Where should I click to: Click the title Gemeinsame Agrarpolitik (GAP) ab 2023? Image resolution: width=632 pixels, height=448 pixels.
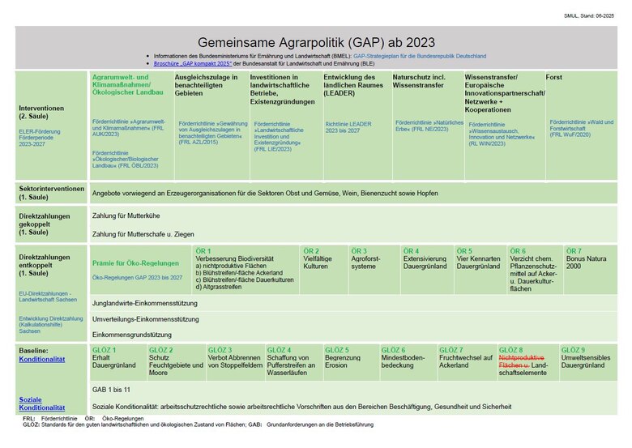pyautogui.click(x=316, y=42)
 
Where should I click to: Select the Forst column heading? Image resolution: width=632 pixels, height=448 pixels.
pyautogui.click(x=554, y=77)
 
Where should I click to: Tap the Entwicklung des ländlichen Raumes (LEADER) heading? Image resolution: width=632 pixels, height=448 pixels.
pyautogui.click(x=355, y=85)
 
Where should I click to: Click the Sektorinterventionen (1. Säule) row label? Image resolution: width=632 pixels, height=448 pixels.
pyautogui.click(x=52, y=193)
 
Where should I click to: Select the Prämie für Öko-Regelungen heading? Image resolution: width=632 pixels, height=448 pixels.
pyautogui.click(x=135, y=262)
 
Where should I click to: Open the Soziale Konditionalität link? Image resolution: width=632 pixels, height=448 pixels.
pyautogui.click(x=42, y=403)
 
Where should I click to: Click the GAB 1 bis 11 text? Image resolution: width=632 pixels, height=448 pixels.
pyautogui.click(x=112, y=390)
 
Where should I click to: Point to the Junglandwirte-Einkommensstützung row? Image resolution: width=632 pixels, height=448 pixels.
pyautogui.click(x=145, y=303)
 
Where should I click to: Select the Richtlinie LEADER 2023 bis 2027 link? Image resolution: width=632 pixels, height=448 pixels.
pyautogui.click(x=349, y=127)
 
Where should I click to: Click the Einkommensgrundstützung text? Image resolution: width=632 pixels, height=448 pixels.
pyautogui.click(x=132, y=334)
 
